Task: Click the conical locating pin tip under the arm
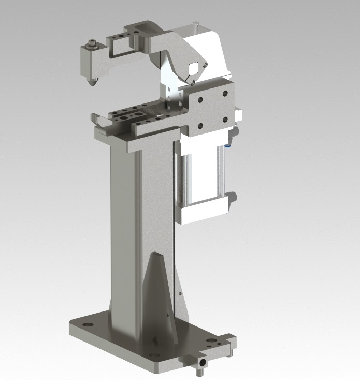coord(92,81)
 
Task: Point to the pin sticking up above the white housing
coord(195,23)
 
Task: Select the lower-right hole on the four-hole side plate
coord(225,119)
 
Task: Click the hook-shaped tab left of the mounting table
coord(94,120)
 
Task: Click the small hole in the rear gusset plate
coord(180,294)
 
